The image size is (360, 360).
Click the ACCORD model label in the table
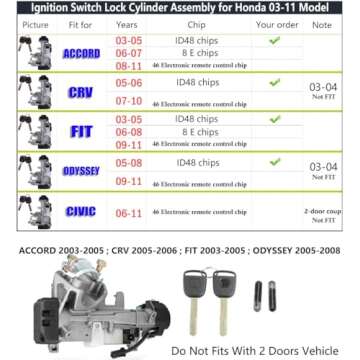tap(81, 53)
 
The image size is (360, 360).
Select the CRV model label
tap(81, 92)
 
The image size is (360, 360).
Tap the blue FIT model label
tap(81, 131)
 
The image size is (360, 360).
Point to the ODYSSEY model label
tap(81, 171)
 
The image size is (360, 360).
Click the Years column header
tap(128, 23)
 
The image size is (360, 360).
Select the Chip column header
tap(197, 23)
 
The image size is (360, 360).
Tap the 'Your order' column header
tap(277, 23)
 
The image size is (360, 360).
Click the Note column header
tap(321, 23)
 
